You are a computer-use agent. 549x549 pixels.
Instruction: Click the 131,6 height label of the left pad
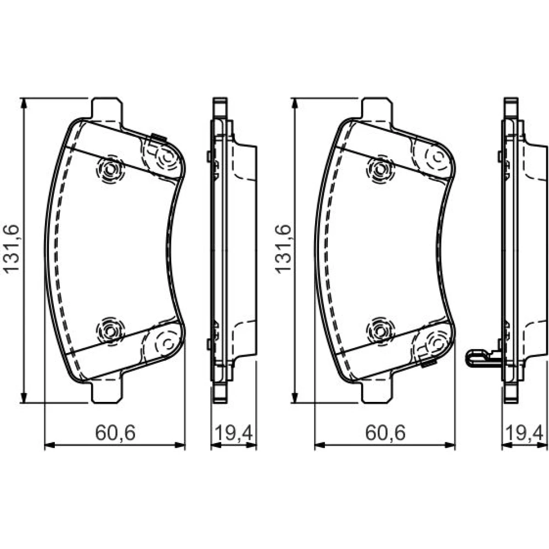pos(11,249)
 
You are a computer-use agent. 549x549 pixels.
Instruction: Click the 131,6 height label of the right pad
pos(283,249)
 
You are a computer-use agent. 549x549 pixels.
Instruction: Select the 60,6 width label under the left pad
pos(115,433)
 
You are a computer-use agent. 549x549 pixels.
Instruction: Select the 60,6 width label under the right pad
pos(385,433)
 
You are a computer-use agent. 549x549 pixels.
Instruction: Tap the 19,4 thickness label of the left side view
pos(233,433)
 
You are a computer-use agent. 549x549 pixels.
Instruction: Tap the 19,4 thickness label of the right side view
pos(524,433)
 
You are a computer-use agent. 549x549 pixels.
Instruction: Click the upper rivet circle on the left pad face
pos(110,170)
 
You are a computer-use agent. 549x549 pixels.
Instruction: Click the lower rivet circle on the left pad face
pos(110,330)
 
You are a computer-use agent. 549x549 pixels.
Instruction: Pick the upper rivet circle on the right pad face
pos(380,170)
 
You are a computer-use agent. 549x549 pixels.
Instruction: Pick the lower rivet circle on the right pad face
pos(380,330)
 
